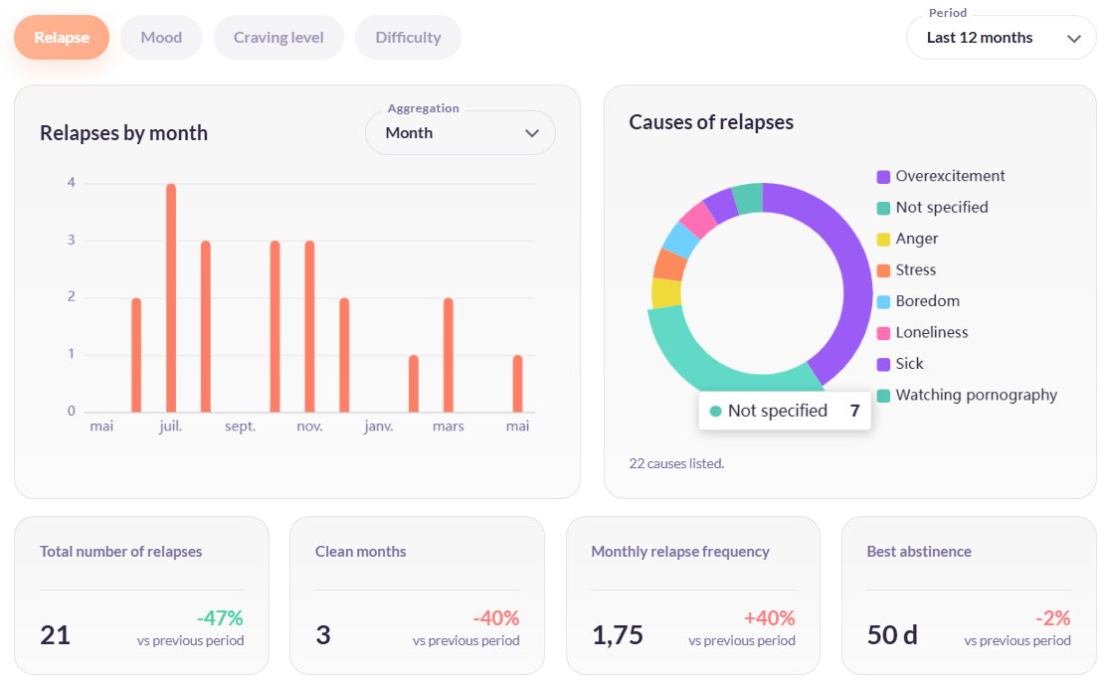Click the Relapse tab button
(62, 38)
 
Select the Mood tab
(161, 38)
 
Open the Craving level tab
(278, 38)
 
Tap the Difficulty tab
(408, 38)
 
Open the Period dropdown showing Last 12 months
(1001, 38)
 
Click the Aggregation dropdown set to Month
(460, 132)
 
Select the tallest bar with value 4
(171, 297)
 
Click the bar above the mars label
(448, 355)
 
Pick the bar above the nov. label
(309, 326)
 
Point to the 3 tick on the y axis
(72, 240)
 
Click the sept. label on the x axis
(240, 426)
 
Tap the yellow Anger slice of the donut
(665, 293)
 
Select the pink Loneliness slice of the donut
(698, 220)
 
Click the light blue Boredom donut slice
(680, 241)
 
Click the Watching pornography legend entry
(967, 395)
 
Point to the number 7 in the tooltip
(855, 411)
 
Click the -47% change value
(220, 618)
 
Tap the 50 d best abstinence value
(892, 635)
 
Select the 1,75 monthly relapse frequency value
(618, 635)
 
